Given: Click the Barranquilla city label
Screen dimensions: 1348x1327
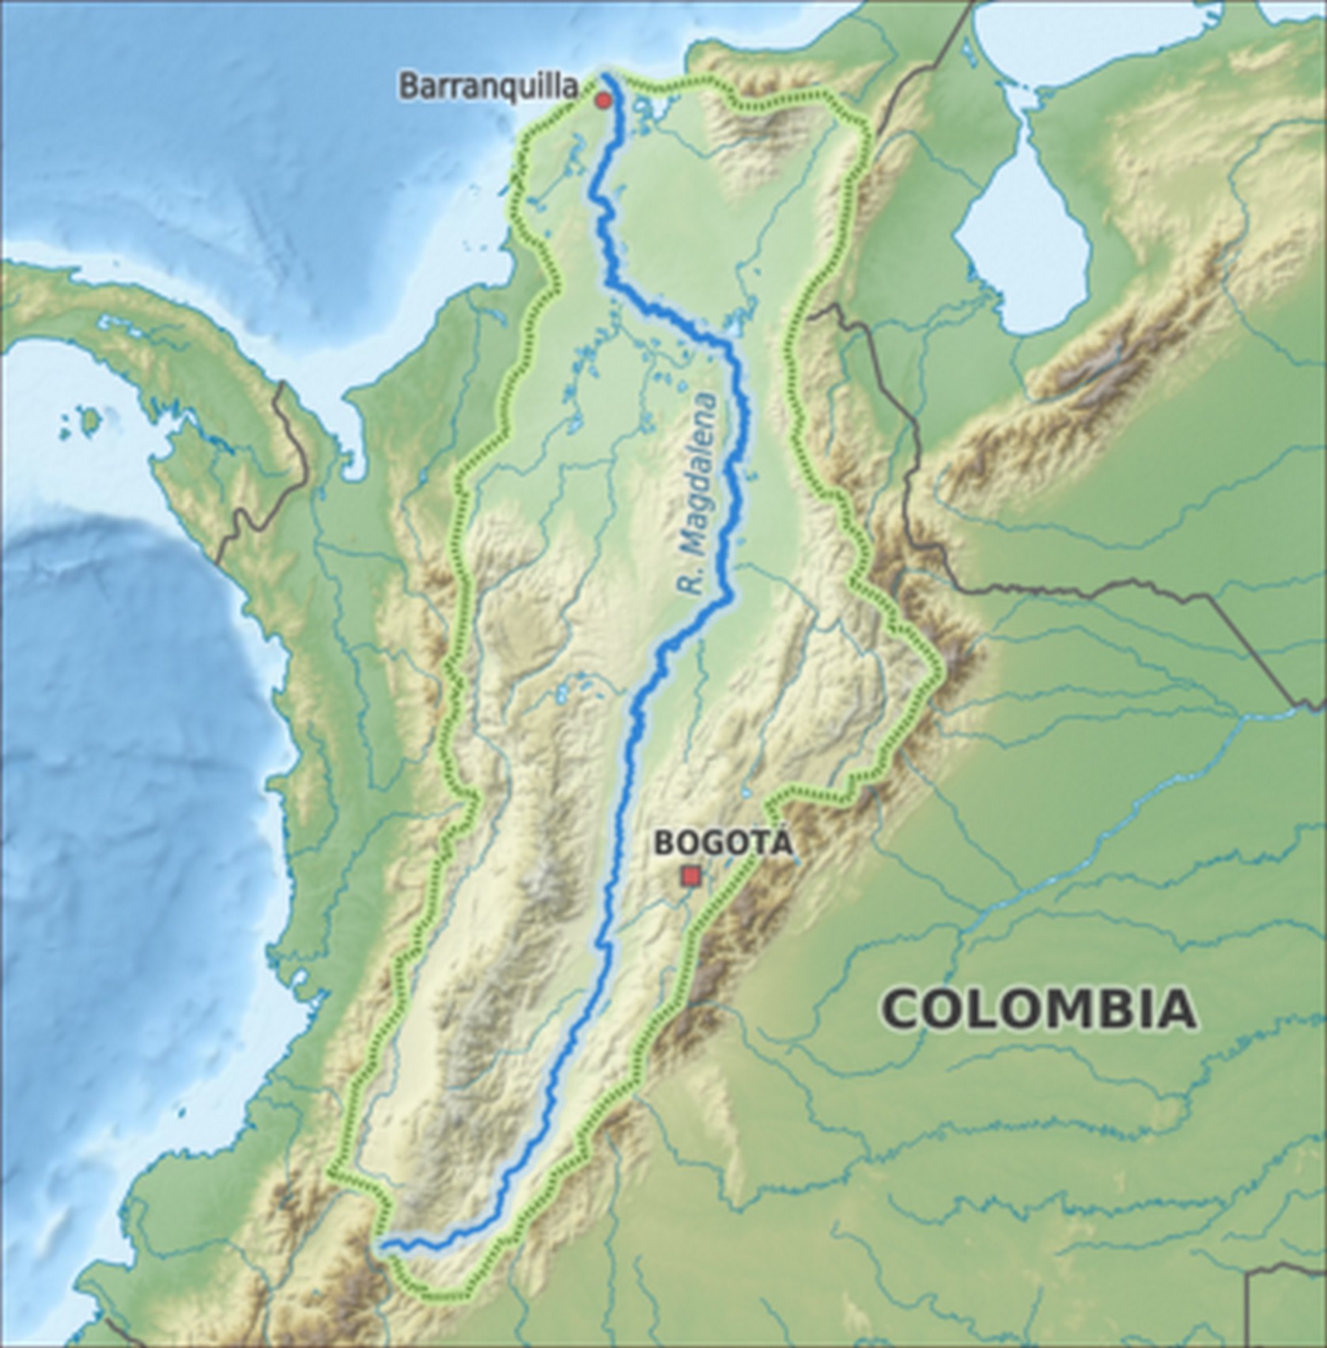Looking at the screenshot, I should coord(489,86).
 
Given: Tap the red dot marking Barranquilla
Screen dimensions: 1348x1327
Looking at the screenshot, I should coord(603,100).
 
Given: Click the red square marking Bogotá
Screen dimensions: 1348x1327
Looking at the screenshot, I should coord(692,876).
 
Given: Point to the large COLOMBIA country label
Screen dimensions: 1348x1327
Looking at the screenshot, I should coord(1038,1009).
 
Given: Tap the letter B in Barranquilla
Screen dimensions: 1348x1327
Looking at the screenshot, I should coord(407,86).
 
